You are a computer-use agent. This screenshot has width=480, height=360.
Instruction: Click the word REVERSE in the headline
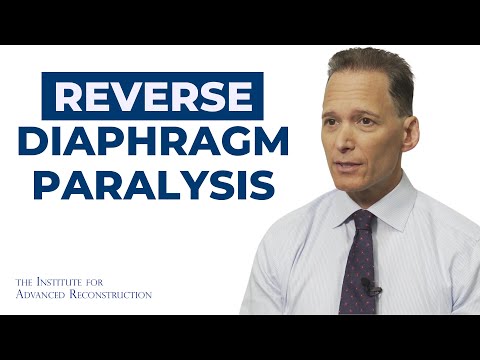[152, 97]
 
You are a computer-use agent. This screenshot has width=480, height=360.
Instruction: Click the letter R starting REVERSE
[69, 97]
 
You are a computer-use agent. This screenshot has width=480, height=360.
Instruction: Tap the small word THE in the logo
[27, 281]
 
